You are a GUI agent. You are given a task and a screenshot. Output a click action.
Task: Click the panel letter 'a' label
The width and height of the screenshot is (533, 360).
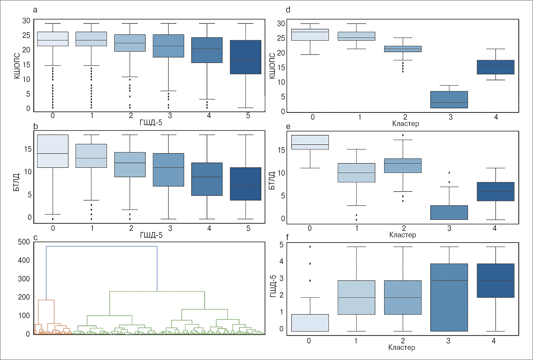[35, 10]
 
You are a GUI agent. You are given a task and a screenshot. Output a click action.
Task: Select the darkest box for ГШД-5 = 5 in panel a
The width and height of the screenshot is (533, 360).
[245, 57]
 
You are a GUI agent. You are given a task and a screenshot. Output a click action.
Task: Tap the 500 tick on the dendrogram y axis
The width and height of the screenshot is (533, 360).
[24, 242]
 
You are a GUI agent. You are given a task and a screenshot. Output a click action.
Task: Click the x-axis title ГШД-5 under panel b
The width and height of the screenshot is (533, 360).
[151, 235]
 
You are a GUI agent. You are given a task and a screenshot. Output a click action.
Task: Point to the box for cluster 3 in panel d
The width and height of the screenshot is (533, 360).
[449, 100]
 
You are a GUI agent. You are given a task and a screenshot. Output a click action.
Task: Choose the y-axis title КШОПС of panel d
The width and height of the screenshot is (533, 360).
[272, 66]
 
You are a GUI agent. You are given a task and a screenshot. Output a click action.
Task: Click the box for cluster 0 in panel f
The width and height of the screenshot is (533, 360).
[310, 323]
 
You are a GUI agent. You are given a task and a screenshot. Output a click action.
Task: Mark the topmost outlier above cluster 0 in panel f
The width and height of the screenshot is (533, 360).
[310, 247]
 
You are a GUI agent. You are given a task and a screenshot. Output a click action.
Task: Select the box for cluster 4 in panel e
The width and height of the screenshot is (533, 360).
[495, 191]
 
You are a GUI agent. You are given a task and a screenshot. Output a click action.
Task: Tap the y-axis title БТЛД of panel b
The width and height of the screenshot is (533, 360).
[16, 182]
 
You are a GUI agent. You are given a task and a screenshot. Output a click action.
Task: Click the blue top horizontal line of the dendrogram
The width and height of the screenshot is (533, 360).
[102, 246]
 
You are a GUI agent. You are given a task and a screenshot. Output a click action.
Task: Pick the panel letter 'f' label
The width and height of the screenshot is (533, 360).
[287, 237]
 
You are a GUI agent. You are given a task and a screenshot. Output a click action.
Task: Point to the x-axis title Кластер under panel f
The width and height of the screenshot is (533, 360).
[401, 347]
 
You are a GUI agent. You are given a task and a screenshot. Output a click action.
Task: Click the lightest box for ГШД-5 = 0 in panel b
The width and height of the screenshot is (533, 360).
[53, 151]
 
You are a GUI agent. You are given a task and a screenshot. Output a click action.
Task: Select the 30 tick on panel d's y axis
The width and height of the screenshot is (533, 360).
[281, 24]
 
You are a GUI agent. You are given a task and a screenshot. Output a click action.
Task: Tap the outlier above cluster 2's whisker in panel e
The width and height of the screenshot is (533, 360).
[403, 135]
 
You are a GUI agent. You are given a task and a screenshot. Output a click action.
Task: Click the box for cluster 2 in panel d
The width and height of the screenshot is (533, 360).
[402, 49]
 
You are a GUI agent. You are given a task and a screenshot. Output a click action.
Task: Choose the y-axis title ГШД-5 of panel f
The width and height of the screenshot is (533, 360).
[273, 286]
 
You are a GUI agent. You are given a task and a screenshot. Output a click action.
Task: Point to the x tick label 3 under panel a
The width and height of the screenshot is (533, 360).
[170, 116]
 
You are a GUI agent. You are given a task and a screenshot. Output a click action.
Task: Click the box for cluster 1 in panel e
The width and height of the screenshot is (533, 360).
[356, 173]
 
